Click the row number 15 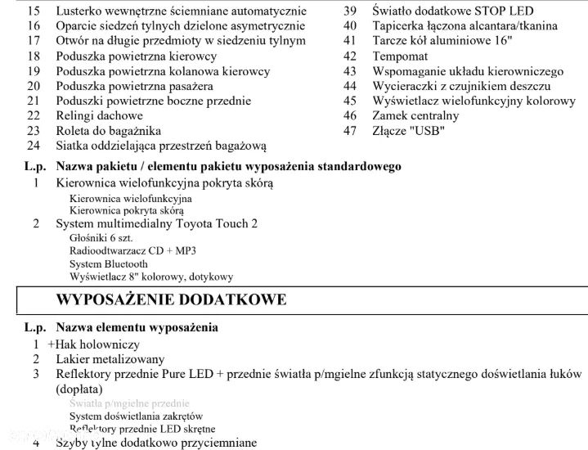tap(33, 11)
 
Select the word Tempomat tap(400, 56)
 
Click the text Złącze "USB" tap(408, 130)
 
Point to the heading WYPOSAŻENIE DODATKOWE tap(171, 299)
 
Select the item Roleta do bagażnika tap(108, 131)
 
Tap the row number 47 tap(350, 130)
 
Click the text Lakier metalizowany tap(110, 359)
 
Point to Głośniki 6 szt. tap(101, 237)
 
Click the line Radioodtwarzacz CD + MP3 tap(132, 250)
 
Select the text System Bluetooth tap(109, 264)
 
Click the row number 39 tap(350, 11)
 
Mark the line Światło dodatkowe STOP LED tap(452, 11)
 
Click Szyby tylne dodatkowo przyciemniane tap(156, 443)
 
